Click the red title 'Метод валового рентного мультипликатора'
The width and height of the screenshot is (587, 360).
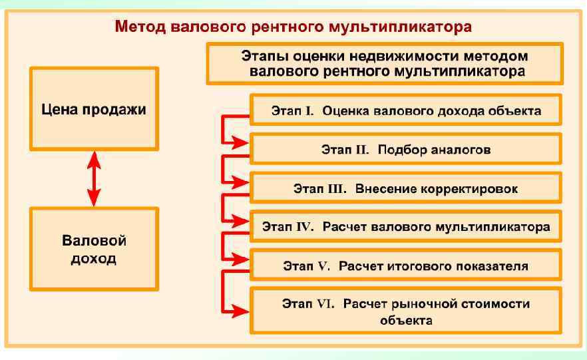(x=293, y=27)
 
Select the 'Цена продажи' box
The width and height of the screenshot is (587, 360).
(x=94, y=109)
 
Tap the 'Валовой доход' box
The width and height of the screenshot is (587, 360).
(x=94, y=248)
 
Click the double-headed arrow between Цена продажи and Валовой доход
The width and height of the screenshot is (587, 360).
(x=94, y=178)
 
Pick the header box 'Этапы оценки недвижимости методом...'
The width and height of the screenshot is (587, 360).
(x=385, y=63)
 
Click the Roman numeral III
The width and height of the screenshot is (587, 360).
(x=337, y=189)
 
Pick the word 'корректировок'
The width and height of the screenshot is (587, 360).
(x=470, y=189)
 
